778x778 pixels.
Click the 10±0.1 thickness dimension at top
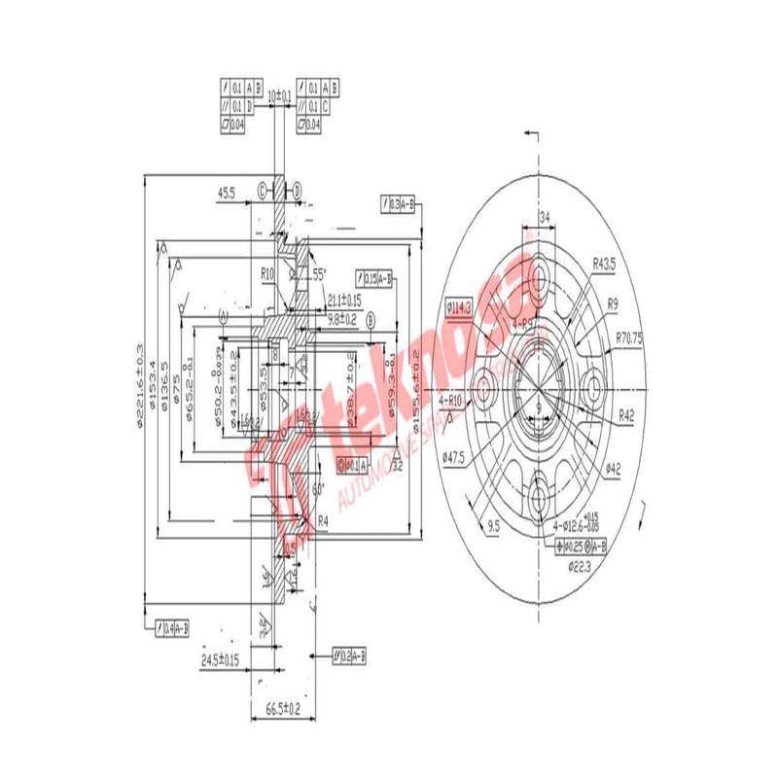pyautogui.click(x=279, y=95)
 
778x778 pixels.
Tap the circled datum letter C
pyautogui.click(x=262, y=189)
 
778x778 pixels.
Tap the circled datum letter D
pyautogui.click(x=298, y=189)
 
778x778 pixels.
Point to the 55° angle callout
pyautogui.click(x=319, y=274)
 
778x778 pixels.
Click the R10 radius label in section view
pyautogui.click(x=268, y=275)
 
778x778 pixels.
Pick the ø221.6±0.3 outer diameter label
pyautogui.click(x=141, y=389)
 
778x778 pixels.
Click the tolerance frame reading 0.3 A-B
pyautogui.click(x=398, y=203)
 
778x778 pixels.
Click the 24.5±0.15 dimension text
pyautogui.click(x=220, y=660)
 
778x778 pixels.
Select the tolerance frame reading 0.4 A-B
pyautogui.click(x=173, y=629)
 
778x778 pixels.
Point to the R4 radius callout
pyautogui.click(x=323, y=521)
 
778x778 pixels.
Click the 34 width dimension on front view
pyautogui.click(x=544, y=216)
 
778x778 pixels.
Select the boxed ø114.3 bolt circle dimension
pyautogui.click(x=458, y=307)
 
